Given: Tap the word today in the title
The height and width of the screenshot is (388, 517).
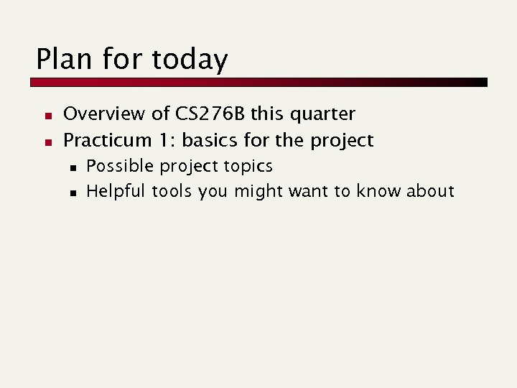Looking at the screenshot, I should click(x=190, y=60).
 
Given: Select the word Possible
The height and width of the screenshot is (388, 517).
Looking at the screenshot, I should click(x=120, y=166).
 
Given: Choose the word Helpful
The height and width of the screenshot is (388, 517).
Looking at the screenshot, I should click(x=116, y=191).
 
